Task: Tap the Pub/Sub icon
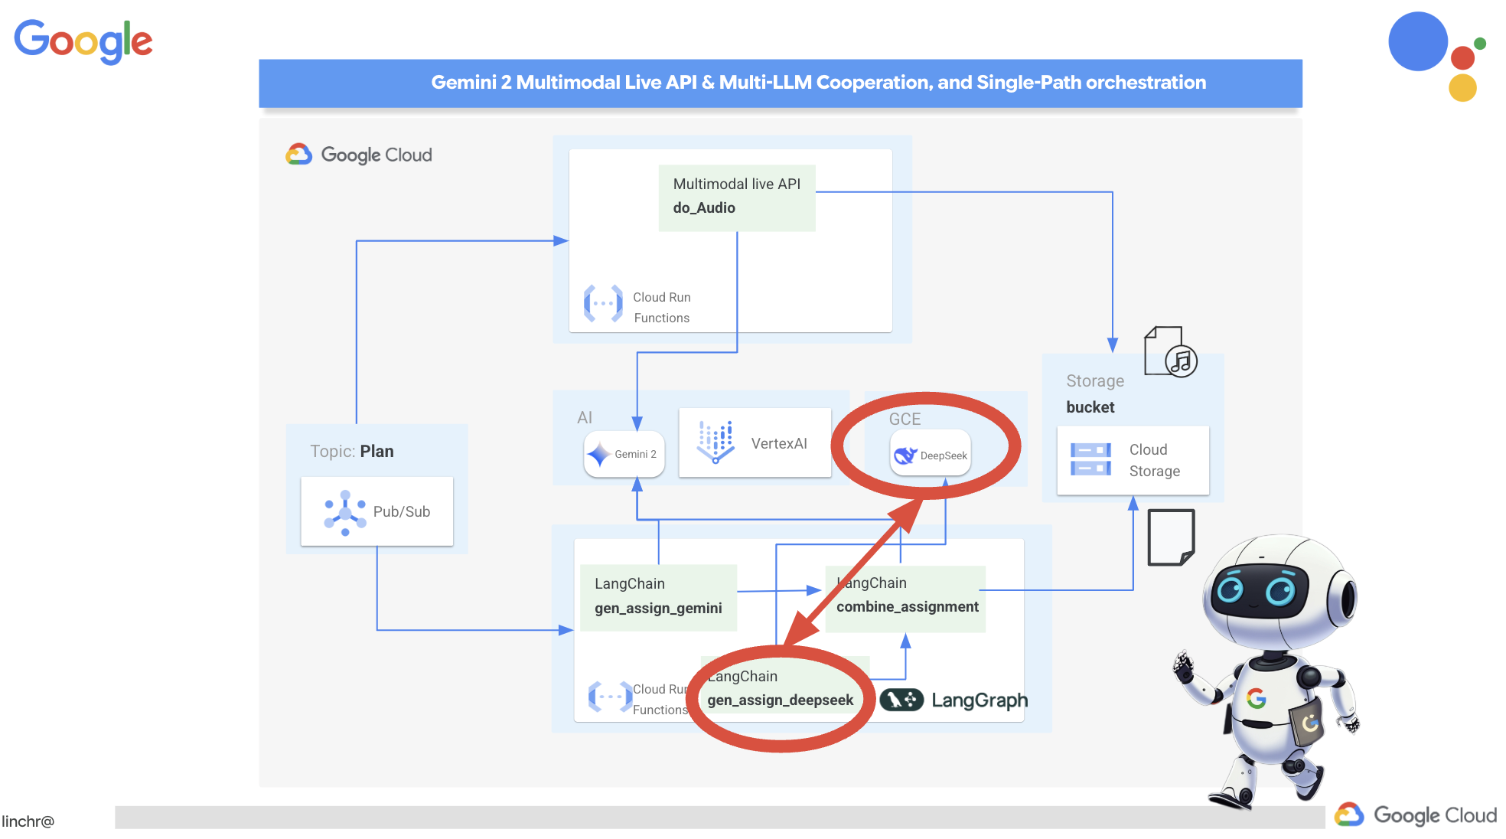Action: tap(344, 512)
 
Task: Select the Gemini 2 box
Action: tap(624, 454)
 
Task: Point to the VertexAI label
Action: tap(779, 444)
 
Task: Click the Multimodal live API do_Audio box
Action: tap(736, 197)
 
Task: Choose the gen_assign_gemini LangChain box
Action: tap(658, 596)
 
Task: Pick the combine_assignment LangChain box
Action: tap(907, 597)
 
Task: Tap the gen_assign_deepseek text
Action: tap(780, 700)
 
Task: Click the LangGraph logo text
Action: tap(979, 700)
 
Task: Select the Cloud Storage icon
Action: tap(1090, 459)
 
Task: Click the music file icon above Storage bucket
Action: tap(1169, 351)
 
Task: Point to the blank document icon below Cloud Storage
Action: tap(1170, 537)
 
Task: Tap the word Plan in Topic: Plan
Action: tap(376, 452)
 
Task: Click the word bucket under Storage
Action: tap(1090, 407)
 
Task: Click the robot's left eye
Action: tap(1231, 589)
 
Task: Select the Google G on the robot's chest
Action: tap(1256, 698)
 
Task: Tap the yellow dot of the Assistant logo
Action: tap(1462, 88)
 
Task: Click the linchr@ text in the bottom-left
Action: tap(28, 821)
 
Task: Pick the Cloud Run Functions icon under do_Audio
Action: tap(603, 304)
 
